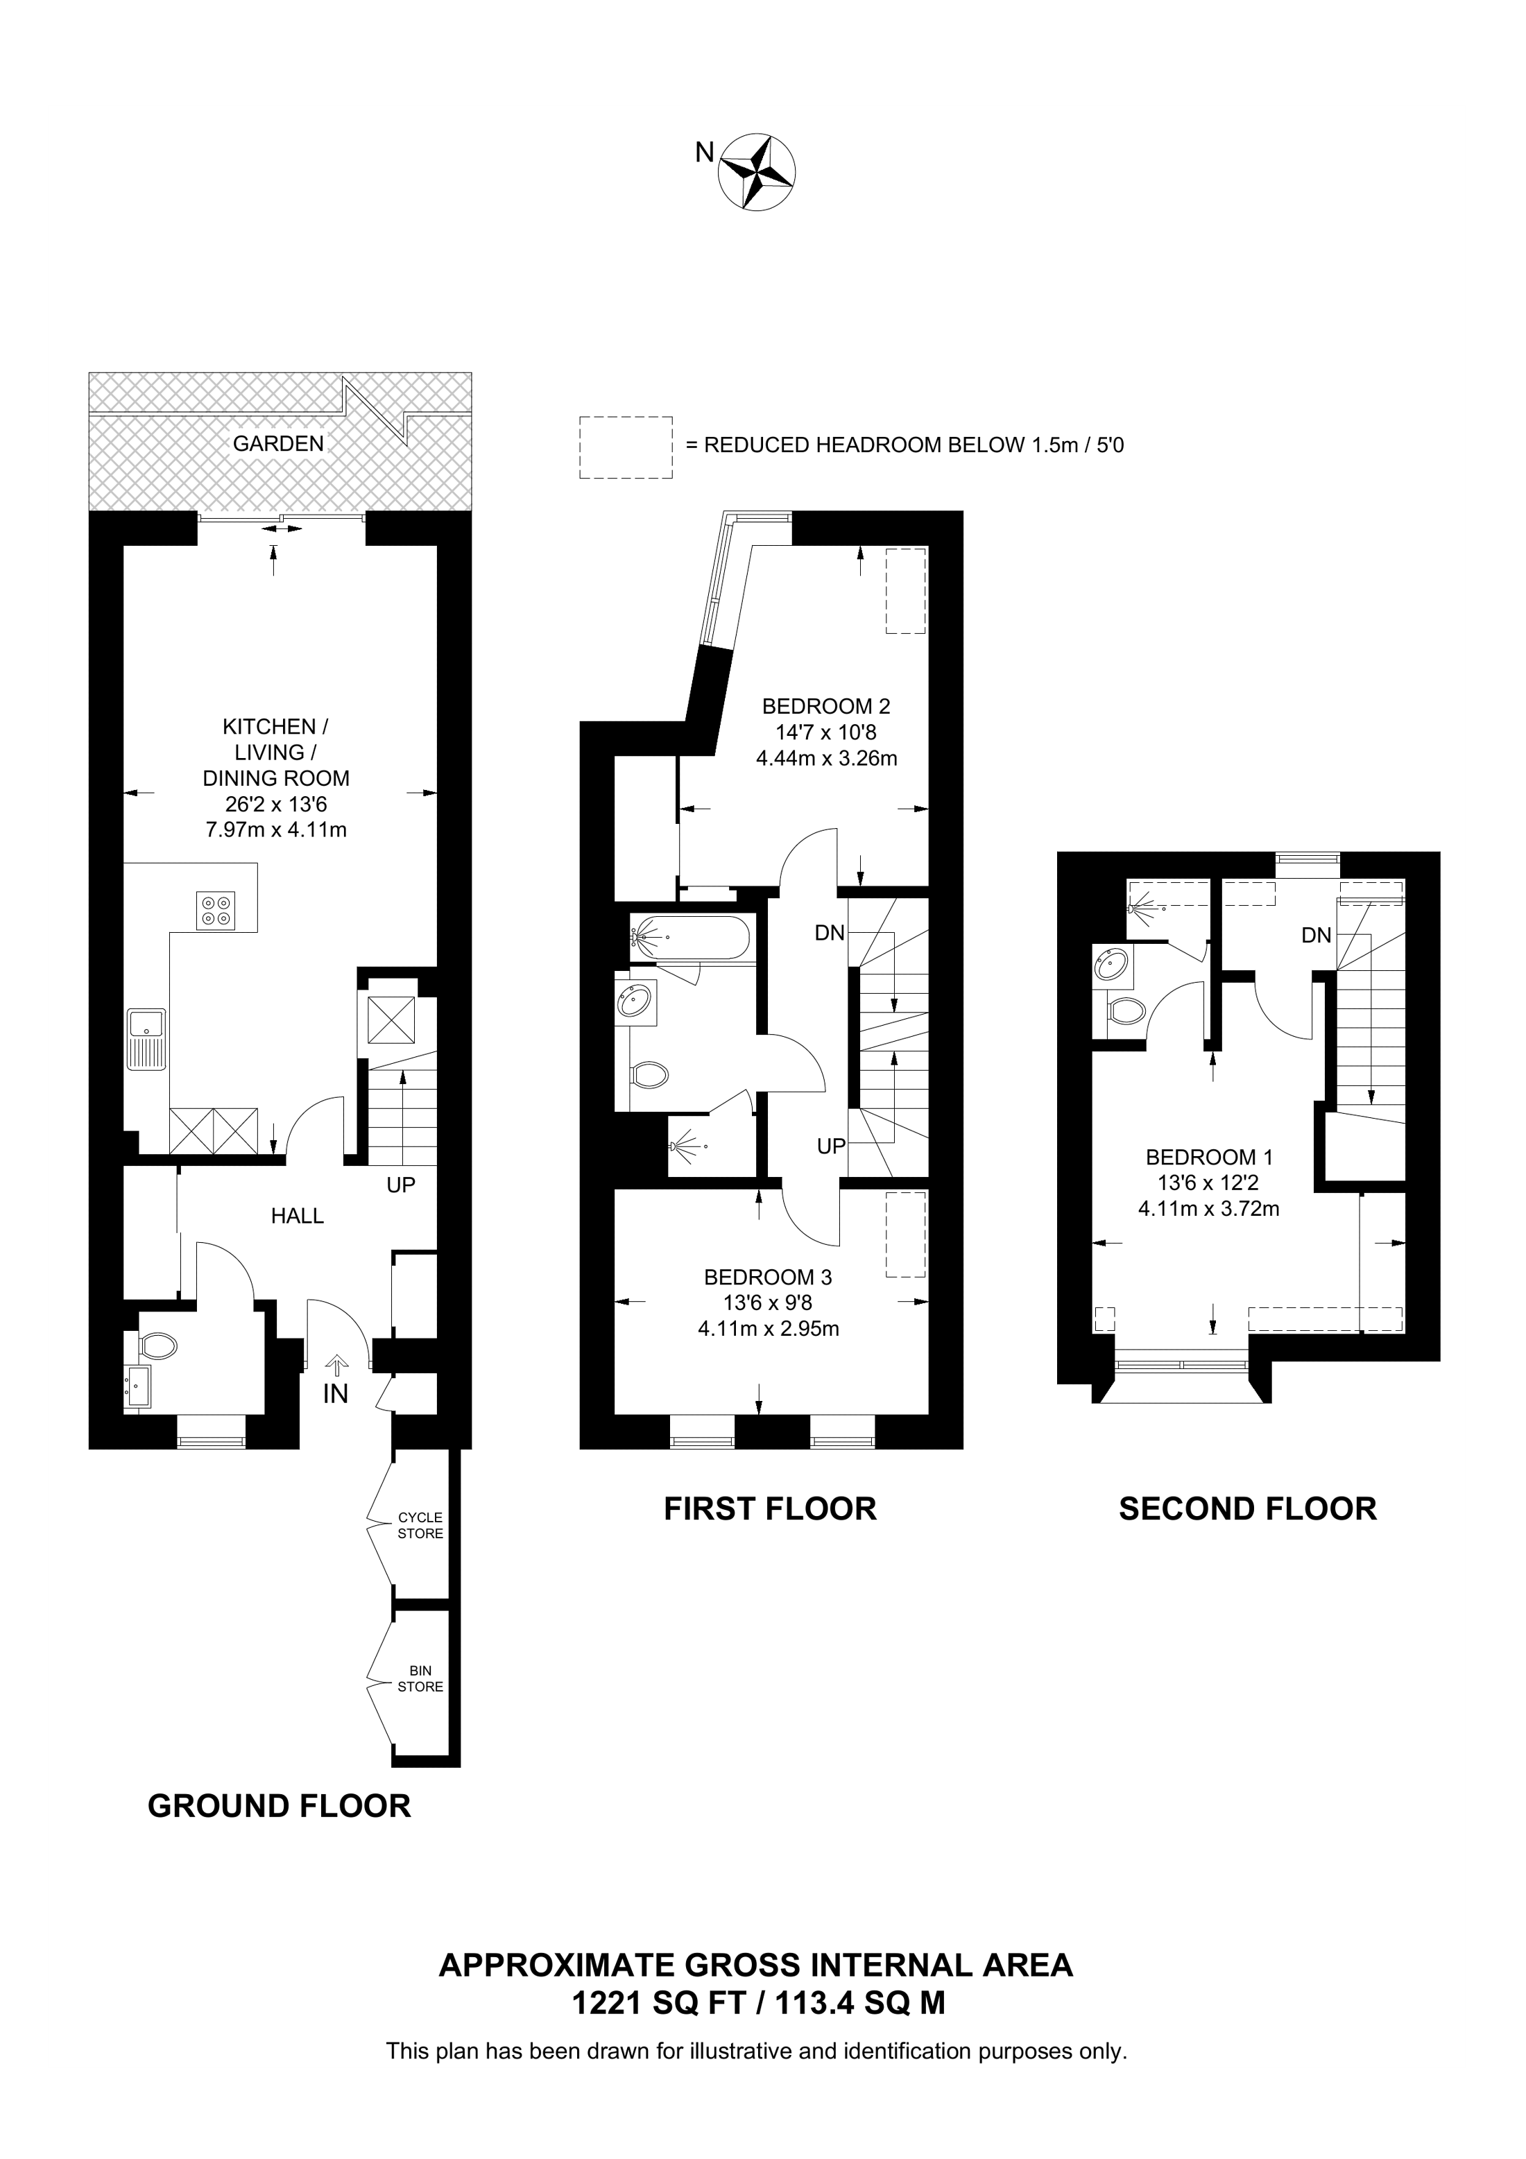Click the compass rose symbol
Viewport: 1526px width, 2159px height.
coord(756,172)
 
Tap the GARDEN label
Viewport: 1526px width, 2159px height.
coord(278,444)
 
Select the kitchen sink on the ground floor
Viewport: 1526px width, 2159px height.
coord(148,1039)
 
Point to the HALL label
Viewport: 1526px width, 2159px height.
coord(297,1216)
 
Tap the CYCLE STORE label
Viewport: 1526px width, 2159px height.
coord(420,1525)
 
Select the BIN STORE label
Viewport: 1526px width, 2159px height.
coord(420,1678)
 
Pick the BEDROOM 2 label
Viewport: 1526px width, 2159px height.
coord(825,706)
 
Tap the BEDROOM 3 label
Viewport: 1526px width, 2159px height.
coord(767,1277)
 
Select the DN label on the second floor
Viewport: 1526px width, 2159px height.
coord(1317,935)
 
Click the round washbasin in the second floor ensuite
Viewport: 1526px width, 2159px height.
coord(1111,965)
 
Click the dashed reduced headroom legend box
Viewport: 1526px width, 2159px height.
coord(625,447)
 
